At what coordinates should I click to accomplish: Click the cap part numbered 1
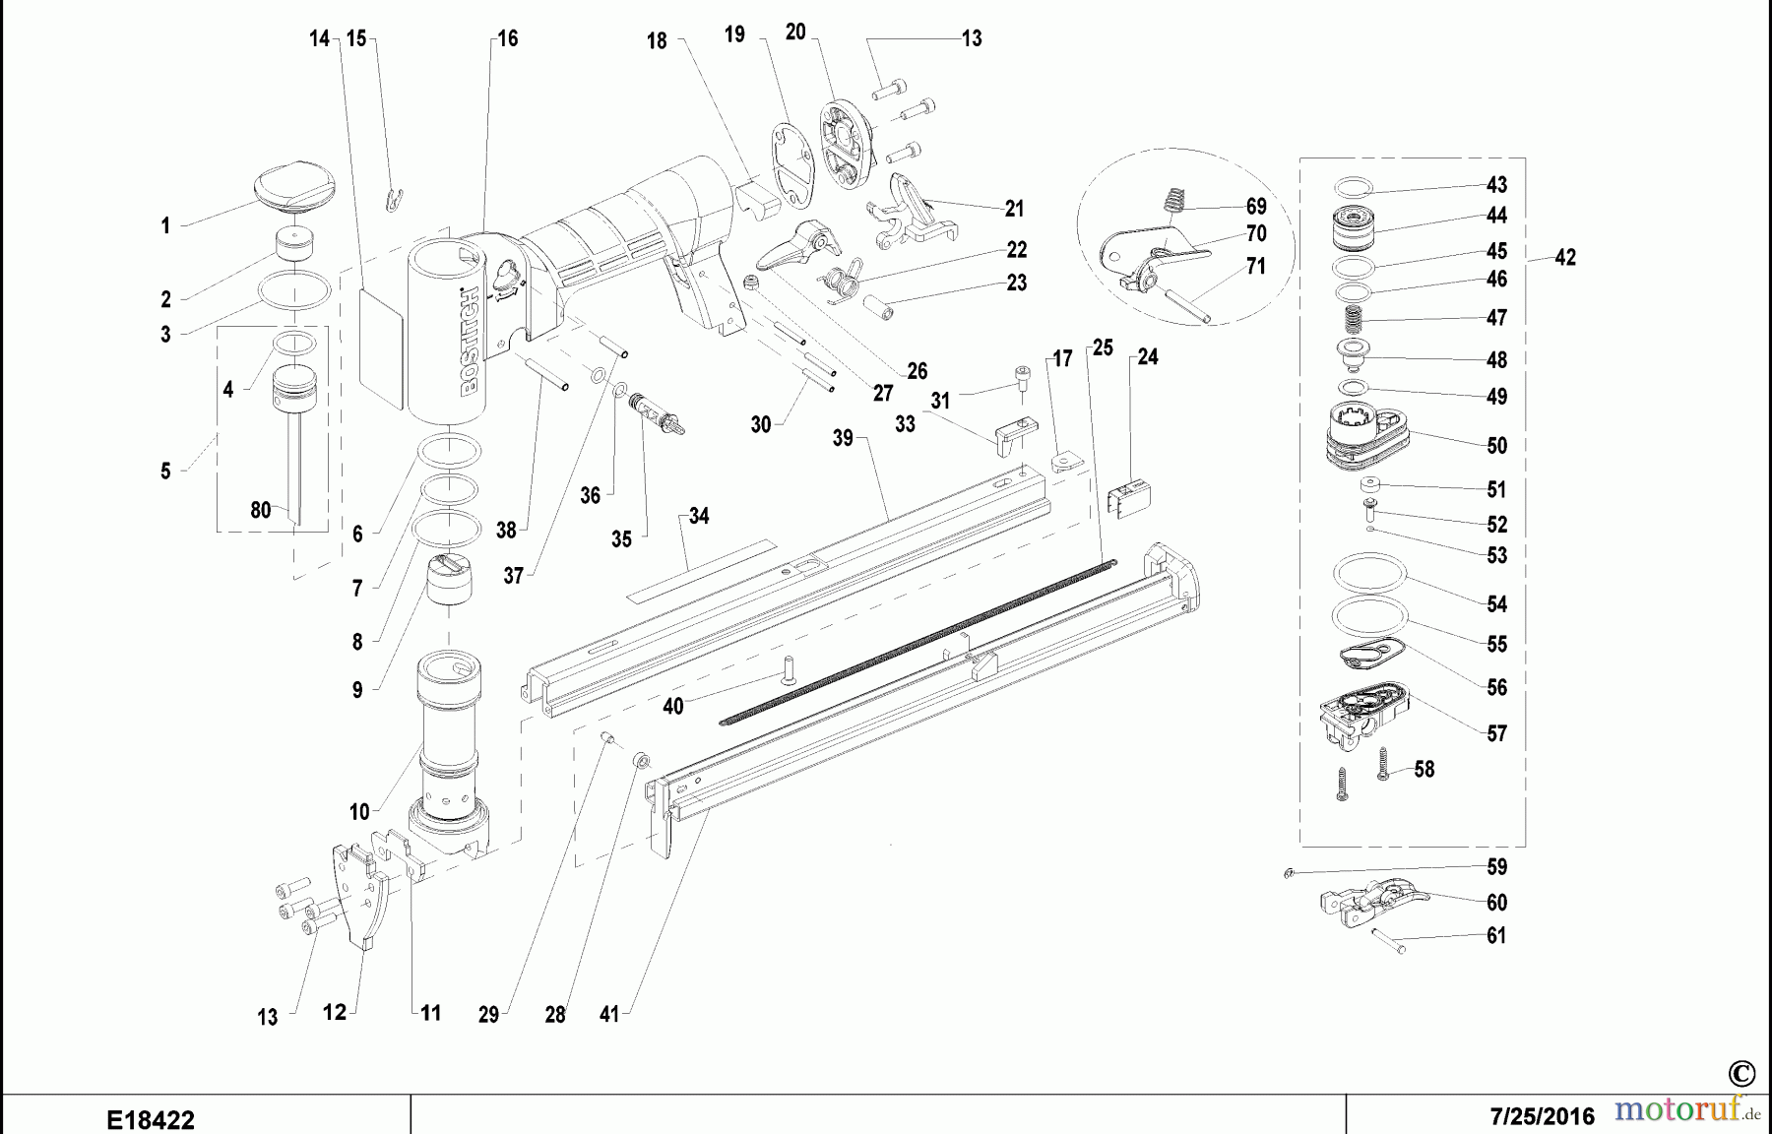coord(293,188)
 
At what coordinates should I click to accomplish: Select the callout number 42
coord(1565,258)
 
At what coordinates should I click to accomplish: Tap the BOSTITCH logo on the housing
coord(470,340)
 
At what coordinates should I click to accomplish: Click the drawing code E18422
coord(151,1120)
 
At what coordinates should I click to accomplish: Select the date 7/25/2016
coord(1542,1117)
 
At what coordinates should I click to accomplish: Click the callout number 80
coord(260,510)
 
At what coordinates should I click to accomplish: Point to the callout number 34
coord(698,516)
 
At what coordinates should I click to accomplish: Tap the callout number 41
coord(609,1014)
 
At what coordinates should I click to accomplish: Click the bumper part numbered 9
coord(449,581)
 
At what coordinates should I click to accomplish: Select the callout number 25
coord(1103,347)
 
